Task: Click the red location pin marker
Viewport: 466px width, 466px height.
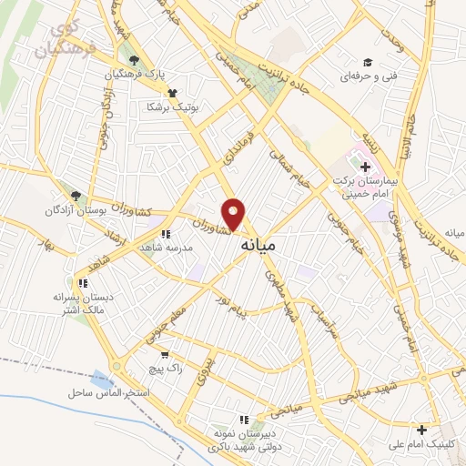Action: (x=235, y=215)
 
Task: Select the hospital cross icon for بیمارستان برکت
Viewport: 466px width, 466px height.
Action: (x=365, y=167)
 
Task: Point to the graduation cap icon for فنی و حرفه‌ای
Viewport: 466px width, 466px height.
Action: (x=368, y=62)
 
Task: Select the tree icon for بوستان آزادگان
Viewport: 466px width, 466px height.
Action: (x=76, y=195)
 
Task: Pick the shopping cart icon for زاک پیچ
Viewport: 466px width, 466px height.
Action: (x=165, y=355)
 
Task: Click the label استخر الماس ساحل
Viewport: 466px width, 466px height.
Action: (x=107, y=392)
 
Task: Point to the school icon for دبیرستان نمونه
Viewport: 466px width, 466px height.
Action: (x=243, y=420)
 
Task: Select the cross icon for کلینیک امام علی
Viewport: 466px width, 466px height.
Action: (x=420, y=430)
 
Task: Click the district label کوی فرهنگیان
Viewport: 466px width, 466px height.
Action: (x=62, y=41)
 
